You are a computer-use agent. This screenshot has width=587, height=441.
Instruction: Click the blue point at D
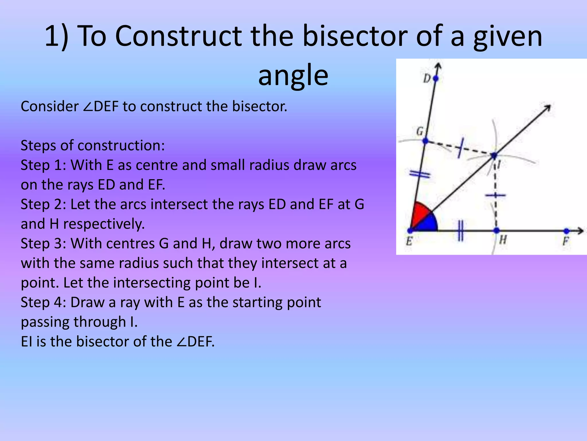436,78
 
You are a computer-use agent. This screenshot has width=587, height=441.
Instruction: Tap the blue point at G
425,141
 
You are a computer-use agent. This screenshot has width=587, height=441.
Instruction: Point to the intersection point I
494,156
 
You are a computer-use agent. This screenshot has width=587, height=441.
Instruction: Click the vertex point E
410,231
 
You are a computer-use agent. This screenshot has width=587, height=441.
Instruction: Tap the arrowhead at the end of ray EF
581,231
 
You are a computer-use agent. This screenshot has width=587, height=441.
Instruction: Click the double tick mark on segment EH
460,231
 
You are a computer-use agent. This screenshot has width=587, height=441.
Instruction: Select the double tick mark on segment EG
420,174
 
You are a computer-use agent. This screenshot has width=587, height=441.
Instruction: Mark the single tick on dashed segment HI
495,196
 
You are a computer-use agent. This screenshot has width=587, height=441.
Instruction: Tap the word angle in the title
293,75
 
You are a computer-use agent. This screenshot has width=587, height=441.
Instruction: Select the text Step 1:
43,165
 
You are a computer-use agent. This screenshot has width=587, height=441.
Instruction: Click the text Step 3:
43,243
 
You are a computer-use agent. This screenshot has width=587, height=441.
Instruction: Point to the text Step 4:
43,302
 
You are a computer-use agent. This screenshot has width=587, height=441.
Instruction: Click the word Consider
49,107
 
